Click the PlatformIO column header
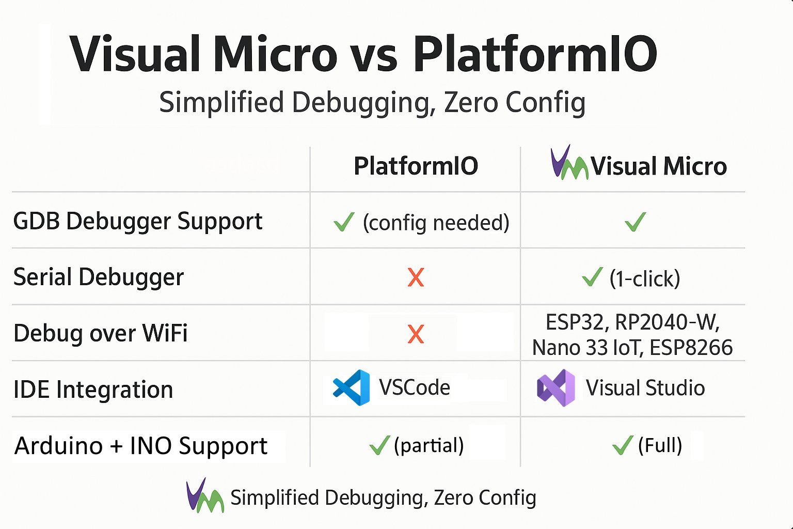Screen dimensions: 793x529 [x=416, y=166]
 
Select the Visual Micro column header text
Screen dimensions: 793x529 [x=659, y=166]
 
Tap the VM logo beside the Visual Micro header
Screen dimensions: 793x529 [x=569, y=162]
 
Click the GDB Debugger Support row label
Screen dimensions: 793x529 [x=138, y=222]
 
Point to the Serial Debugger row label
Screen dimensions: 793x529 [x=99, y=277]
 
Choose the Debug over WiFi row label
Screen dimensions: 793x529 [x=100, y=333]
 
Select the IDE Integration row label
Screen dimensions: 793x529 [x=93, y=389]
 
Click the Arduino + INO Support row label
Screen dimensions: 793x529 [x=140, y=445]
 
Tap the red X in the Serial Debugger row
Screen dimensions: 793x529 [x=416, y=277]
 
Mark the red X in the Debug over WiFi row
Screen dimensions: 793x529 [x=416, y=334]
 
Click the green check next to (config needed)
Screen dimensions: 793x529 [x=344, y=222]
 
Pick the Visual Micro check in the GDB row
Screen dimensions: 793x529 [x=636, y=222]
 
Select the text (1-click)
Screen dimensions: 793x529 [x=645, y=278]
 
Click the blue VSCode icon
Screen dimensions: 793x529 [x=352, y=387]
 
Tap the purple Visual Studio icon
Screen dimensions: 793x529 [x=556, y=387]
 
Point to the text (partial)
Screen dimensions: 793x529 [x=429, y=445]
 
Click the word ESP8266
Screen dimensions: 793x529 [x=691, y=347]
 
